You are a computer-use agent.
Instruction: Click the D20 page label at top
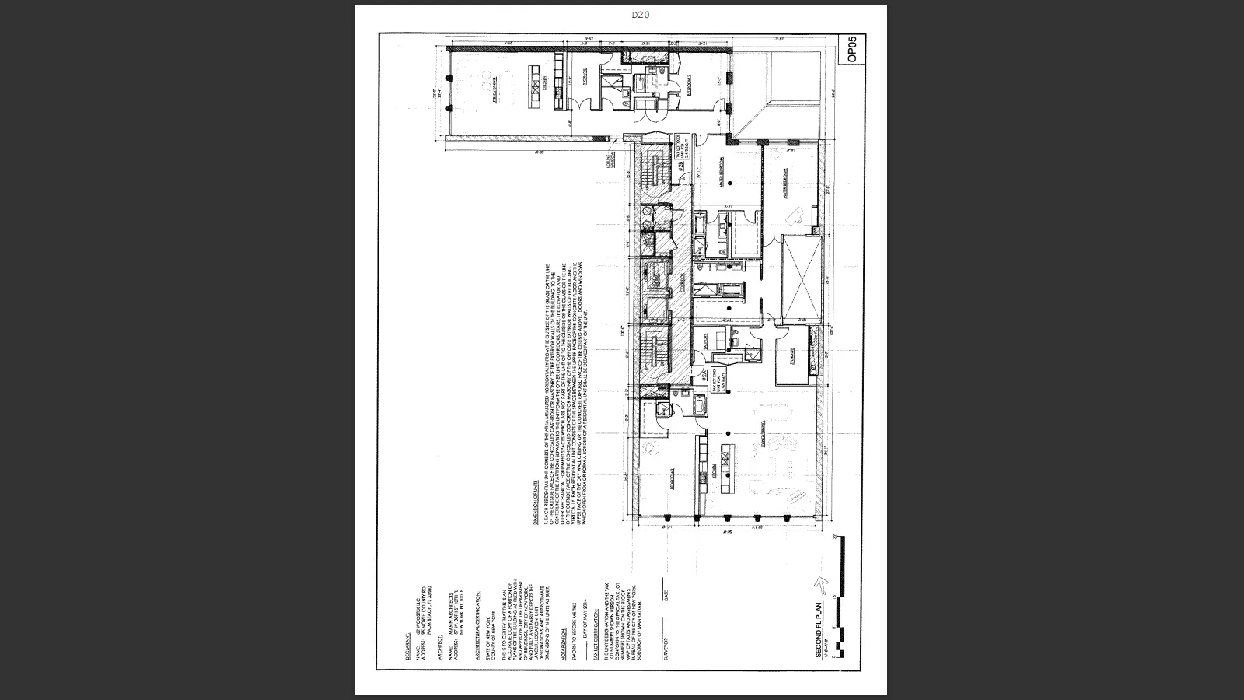640,15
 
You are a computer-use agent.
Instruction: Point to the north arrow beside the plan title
819,585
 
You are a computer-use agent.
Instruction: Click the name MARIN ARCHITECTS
451,614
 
